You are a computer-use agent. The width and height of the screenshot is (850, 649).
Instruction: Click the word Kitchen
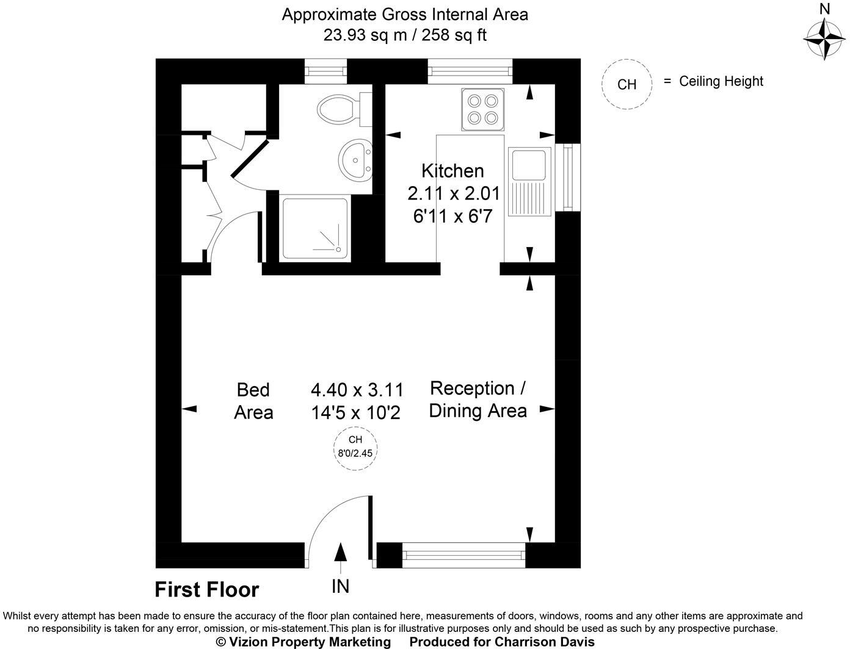[452, 171]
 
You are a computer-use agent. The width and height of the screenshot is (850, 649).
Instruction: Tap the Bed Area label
[253, 401]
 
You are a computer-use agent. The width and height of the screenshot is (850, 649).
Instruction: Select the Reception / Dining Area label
[478, 399]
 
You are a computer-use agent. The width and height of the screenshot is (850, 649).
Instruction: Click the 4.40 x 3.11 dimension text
[357, 389]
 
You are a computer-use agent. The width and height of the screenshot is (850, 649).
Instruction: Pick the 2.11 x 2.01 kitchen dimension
[453, 194]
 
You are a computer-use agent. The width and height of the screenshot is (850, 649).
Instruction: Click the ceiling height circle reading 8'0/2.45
[355, 447]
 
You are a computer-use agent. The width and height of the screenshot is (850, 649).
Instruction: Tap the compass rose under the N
[824, 38]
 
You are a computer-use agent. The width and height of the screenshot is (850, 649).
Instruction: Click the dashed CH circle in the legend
[627, 84]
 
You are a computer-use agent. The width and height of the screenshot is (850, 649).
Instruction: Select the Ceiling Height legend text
[721, 81]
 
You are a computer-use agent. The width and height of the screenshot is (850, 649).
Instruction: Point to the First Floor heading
[206, 590]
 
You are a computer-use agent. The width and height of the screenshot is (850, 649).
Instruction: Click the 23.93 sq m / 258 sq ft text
[405, 35]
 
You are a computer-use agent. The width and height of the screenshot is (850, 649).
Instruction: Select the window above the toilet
[325, 71]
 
